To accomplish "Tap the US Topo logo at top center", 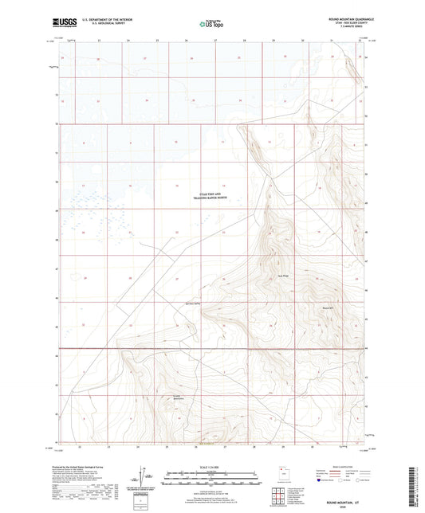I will click(x=211, y=25).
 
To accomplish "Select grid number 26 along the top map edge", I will click(x=186, y=41).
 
